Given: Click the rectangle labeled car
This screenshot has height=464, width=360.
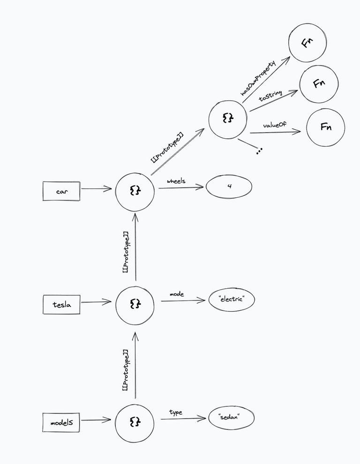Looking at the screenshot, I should click(61, 191).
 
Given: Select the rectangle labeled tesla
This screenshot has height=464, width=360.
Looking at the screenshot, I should click(61, 305).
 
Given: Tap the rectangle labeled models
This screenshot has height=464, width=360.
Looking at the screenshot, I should click(61, 422).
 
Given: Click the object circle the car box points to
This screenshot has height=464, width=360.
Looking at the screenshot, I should click(135, 191).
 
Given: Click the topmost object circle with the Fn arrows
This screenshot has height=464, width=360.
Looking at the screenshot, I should click(228, 119).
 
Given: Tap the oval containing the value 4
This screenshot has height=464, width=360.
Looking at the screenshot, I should click(229, 187).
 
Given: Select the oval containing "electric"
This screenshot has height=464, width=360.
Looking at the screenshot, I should click(232, 299).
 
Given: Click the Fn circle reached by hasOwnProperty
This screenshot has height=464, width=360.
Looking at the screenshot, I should click(307, 42).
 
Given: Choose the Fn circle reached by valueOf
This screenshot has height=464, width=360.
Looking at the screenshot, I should click(325, 127).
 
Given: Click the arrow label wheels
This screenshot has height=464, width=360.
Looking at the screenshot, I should click(176, 181).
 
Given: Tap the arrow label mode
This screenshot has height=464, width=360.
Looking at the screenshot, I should click(176, 294).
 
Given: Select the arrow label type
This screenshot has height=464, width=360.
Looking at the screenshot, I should click(176, 412).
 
